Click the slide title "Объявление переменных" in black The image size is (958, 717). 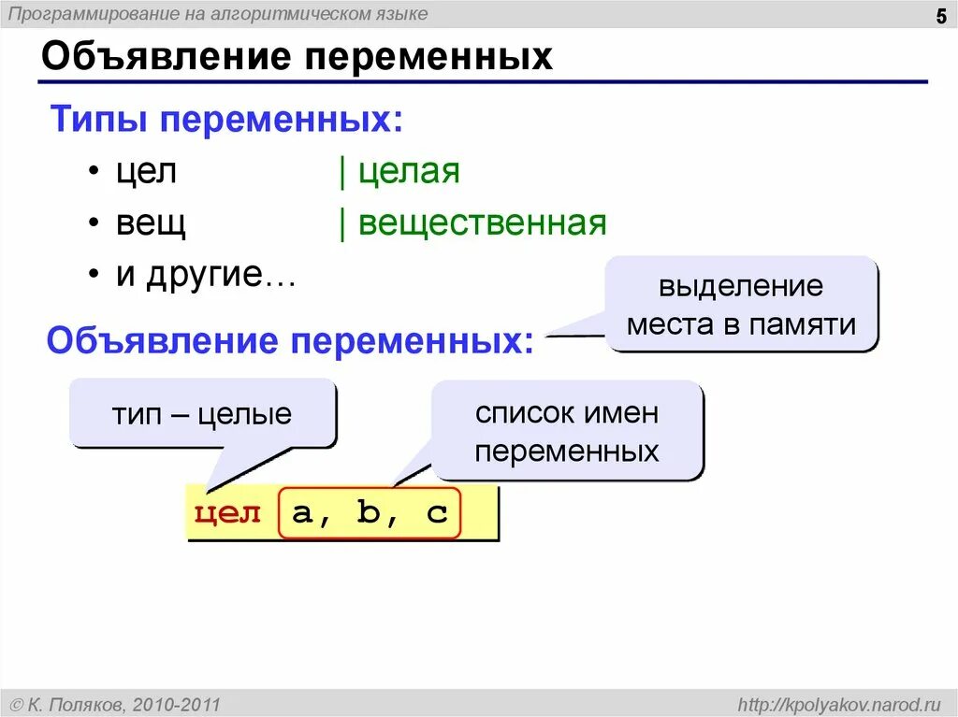[297, 58]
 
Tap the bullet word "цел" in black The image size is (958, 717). [146, 173]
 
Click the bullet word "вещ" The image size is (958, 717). [151, 224]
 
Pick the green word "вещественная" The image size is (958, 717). [482, 224]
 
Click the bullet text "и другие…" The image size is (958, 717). [205, 275]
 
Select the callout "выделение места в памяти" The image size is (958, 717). [741, 305]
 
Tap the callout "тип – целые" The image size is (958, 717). [202, 413]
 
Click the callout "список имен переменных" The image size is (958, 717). [567, 432]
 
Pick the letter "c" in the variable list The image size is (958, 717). [437, 513]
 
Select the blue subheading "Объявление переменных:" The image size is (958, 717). [289, 341]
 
